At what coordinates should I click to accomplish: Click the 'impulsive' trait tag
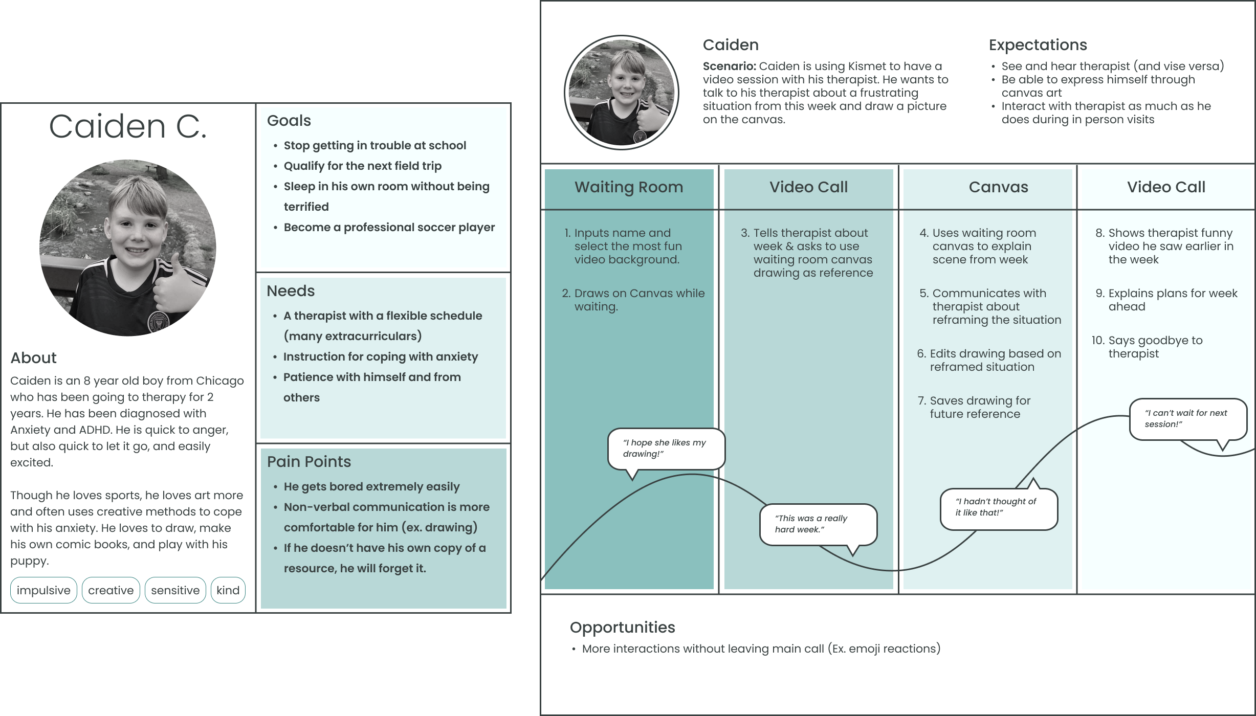tap(43, 590)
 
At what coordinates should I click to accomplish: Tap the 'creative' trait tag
tap(111, 590)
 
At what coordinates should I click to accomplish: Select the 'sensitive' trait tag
tap(175, 590)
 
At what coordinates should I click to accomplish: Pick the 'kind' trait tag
tap(228, 590)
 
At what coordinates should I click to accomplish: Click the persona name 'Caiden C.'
tap(128, 126)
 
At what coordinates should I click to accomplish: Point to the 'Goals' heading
tap(289, 121)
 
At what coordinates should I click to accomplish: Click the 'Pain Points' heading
tap(309, 462)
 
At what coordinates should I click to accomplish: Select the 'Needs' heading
tap(291, 291)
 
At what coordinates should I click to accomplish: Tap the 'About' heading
tap(34, 358)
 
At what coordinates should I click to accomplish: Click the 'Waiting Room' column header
tap(629, 187)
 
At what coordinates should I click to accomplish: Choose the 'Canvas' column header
tap(998, 187)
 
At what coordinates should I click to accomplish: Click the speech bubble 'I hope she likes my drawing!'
tap(666, 449)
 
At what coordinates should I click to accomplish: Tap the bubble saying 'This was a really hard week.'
tap(818, 524)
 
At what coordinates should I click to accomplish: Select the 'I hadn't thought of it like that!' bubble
tap(998, 507)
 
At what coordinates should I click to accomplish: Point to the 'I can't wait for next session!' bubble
tap(1187, 419)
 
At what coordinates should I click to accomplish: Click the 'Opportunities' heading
tap(622, 628)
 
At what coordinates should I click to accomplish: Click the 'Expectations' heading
tap(1038, 45)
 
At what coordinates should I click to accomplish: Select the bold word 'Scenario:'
tap(729, 66)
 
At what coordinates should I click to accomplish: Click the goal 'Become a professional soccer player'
tap(389, 228)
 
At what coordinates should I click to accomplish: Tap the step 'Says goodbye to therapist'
tap(1155, 347)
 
